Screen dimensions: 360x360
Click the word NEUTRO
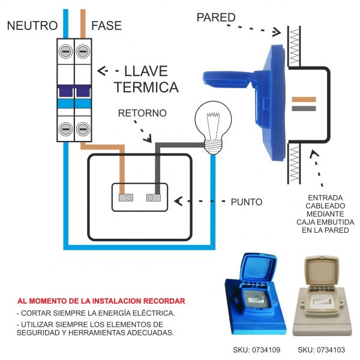(32, 26)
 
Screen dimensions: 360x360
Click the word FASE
(106, 26)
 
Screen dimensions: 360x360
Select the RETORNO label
(142, 113)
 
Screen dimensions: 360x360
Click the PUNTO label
(246, 202)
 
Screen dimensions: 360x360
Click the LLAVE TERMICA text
(146, 79)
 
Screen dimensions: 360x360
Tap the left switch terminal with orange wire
(125, 197)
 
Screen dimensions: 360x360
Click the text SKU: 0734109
(256, 350)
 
